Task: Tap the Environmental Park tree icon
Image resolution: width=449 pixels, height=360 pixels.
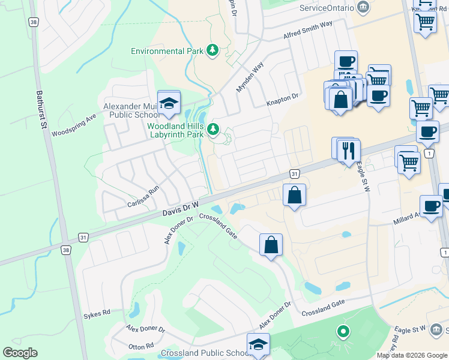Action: pyautogui.click(x=212, y=50)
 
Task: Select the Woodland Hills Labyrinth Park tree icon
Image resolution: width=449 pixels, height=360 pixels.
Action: pyautogui.click(x=212, y=129)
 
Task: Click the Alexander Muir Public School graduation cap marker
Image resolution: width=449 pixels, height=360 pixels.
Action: pyautogui.click(x=169, y=103)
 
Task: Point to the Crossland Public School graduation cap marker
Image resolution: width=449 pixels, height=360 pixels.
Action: pyautogui.click(x=259, y=344)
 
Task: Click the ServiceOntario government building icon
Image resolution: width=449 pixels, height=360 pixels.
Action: pyautogui.click(x=363, y=7)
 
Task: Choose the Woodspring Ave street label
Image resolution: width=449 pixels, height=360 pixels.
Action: pyautogui.click(x=74, y=125)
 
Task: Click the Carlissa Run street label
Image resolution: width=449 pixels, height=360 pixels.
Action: pyautogui.click(x=143, y=196)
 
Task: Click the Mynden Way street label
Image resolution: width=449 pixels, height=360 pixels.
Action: pyautogui.click(x=250, y=78)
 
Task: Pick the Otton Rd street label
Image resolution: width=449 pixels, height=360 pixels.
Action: pyautogui.click(x=141, y=346)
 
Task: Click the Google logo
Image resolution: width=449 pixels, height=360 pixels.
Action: pyautogui.click(x=20, y=353)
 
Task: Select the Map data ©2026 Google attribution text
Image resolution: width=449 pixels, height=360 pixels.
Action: pyautogui.click(x=411, y=355)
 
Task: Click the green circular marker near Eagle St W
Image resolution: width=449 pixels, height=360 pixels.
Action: pyautogui.click(x=343, y=331)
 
